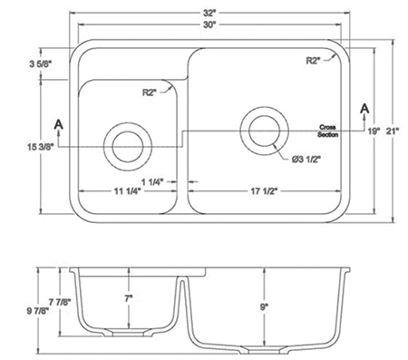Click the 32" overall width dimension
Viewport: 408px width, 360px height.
click(209, 14)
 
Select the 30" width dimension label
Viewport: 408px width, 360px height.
click(209, 25)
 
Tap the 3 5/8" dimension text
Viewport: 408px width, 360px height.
click(41, 64)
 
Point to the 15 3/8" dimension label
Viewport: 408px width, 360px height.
click(41, 147)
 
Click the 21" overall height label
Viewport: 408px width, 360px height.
click(393, 131)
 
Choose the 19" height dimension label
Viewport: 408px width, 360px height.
click(374, 131)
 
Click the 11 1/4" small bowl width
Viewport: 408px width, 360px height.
click(127, 191)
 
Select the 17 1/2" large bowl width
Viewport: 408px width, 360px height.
click(264, 191)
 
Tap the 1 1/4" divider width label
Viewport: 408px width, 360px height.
click(152, 181)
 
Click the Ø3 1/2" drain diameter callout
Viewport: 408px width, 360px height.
click(306, 160)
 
